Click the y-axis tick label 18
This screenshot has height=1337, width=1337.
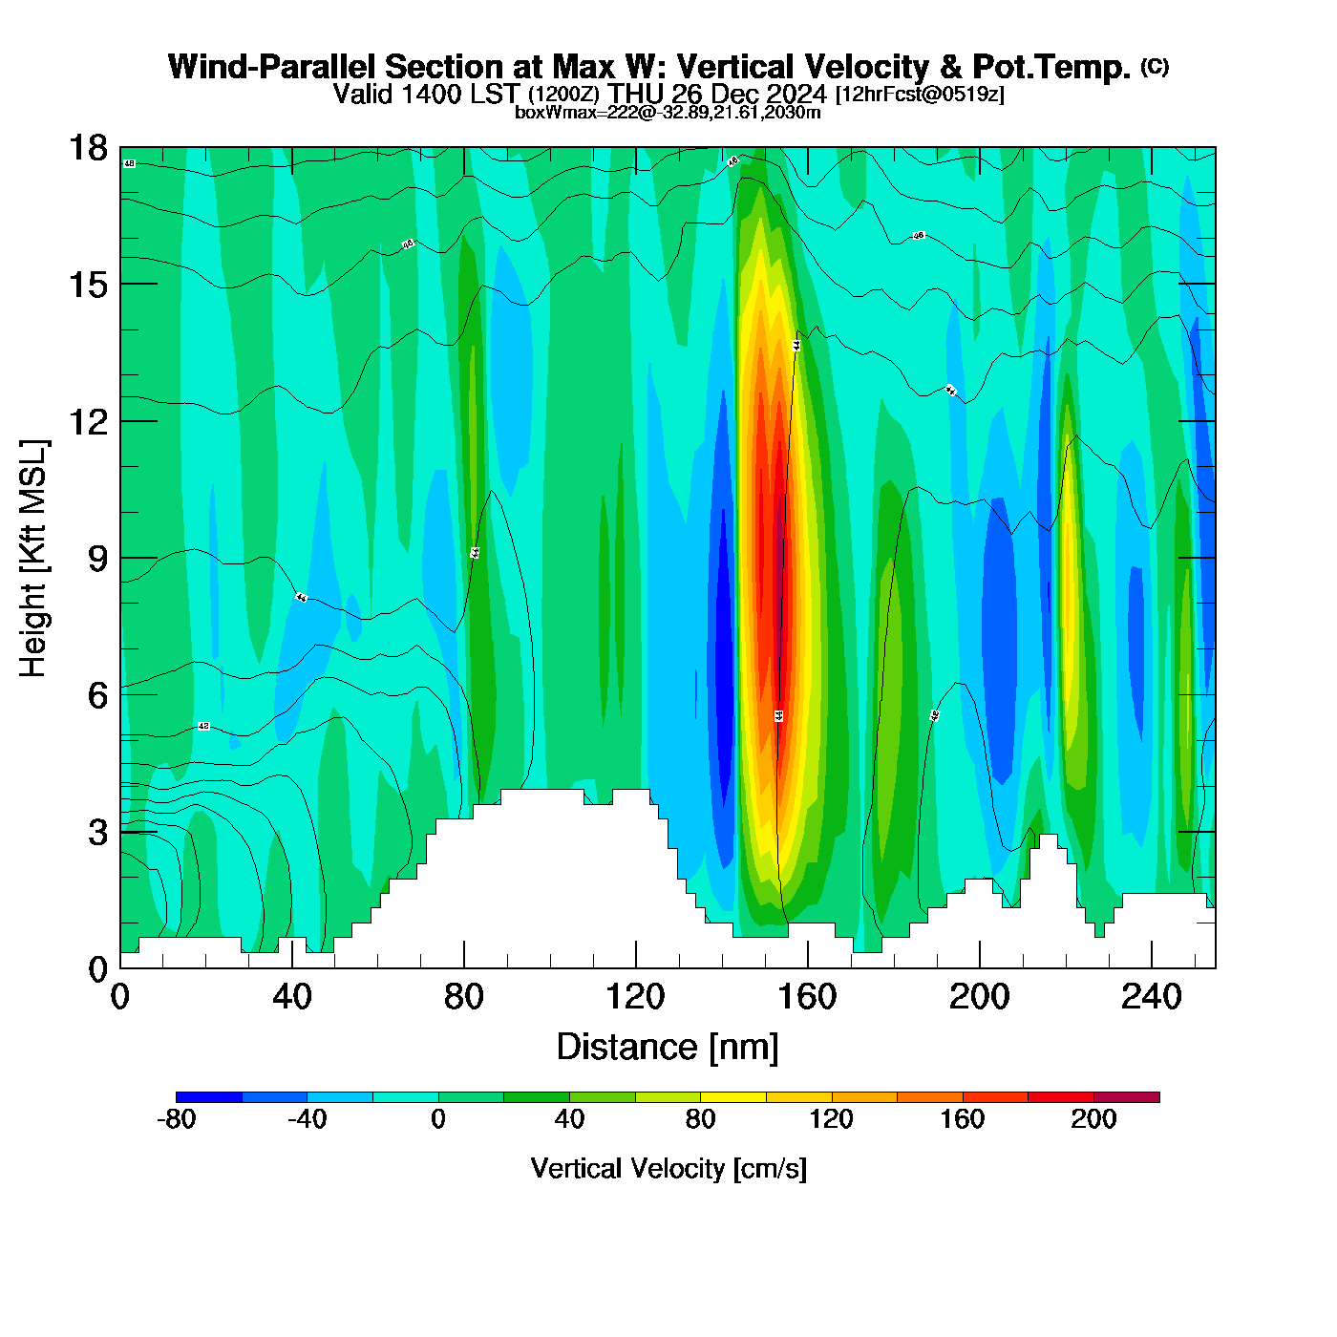tap(87, 148)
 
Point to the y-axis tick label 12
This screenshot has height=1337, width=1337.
tap(87, 421)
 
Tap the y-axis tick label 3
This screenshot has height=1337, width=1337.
tap(97, 833)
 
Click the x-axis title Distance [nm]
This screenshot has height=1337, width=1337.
tap(668, 1048)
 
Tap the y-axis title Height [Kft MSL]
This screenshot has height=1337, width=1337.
tap(33, 559)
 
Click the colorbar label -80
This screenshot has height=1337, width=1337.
tap(177, 1119)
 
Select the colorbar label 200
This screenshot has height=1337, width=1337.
tap(1093, 1119)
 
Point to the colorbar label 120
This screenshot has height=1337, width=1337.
tap(832, 1119)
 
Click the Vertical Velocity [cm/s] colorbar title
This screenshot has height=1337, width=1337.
tap(668, 1169)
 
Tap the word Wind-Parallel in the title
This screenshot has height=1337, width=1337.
tap(272, 68)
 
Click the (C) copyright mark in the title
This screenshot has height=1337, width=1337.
tap(1155, 66)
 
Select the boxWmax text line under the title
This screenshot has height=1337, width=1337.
tap(668, 112)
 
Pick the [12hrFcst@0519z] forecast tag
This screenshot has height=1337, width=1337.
tap(920, 95)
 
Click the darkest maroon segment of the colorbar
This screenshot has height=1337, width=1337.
tap(1127, 1097)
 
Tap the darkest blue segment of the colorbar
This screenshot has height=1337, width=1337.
tap(209, 1097)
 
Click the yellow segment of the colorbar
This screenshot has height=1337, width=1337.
tap(733, 1097)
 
